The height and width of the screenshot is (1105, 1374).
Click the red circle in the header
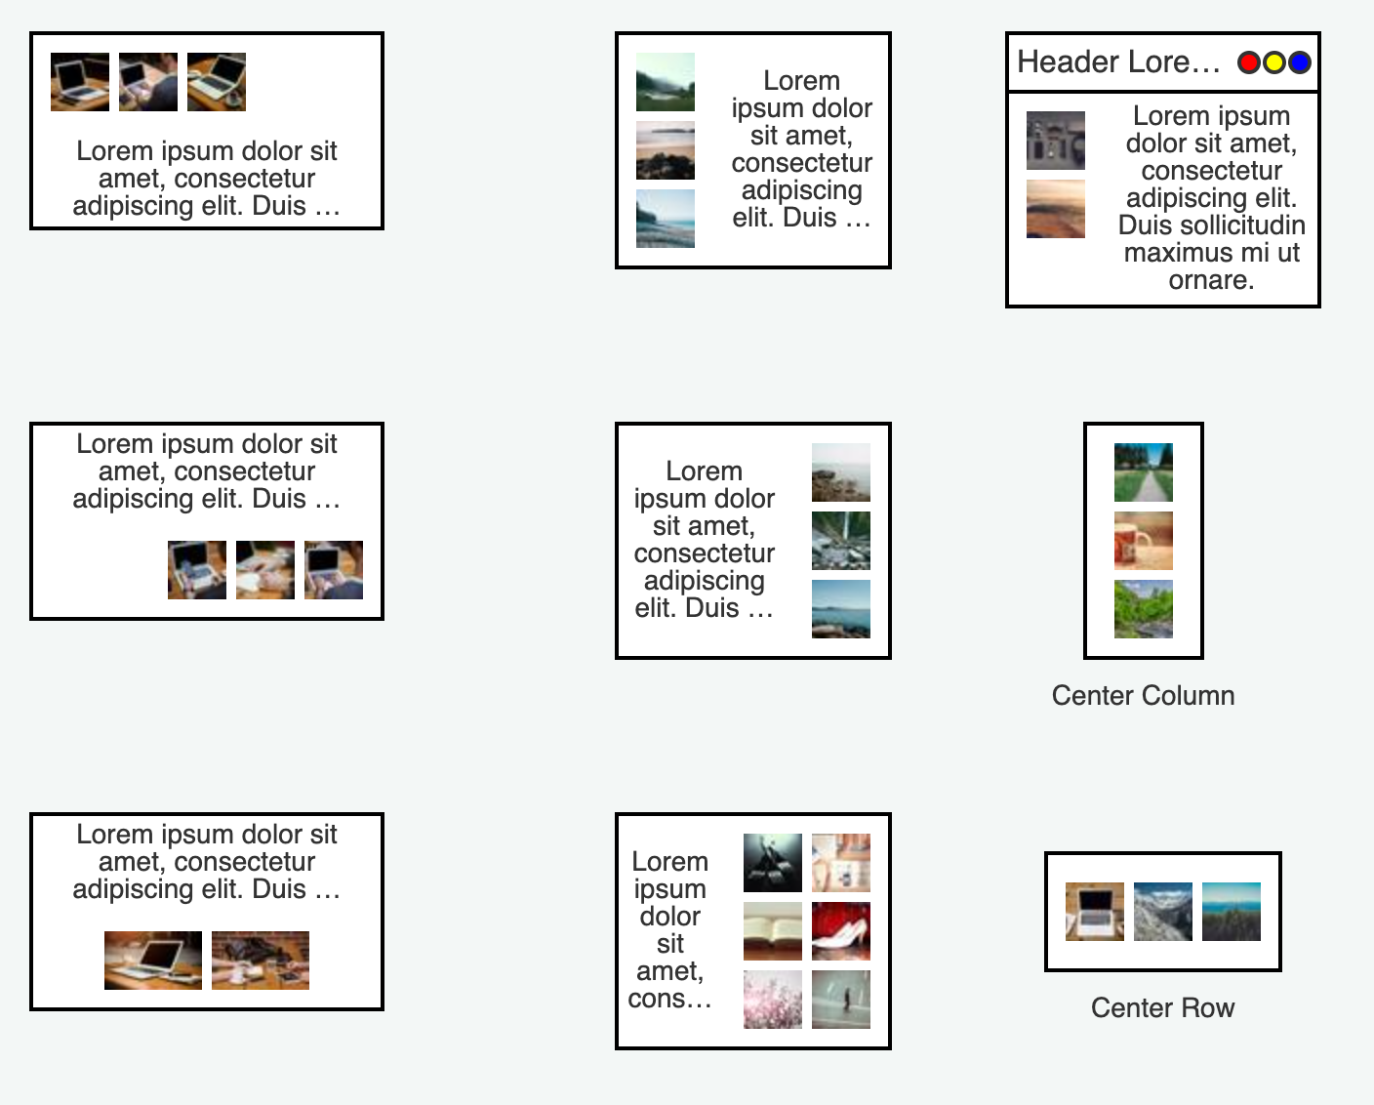click(1248, 62)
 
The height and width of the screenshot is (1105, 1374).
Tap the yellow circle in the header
click(1273, 62)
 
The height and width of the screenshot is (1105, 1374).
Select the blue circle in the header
click(1299, 62)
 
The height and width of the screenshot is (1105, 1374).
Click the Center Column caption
click(1143, 696)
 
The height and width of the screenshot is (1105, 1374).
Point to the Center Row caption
click(1162, 1008)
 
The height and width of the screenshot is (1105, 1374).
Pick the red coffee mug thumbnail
click(1144, 541)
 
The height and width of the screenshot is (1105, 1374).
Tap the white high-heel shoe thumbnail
click(841, 930)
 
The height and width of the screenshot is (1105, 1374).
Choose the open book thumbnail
click(773, 930)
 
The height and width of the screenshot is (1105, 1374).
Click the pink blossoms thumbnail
click(773, 999)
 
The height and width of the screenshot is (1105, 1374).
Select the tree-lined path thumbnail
click(1144, 472)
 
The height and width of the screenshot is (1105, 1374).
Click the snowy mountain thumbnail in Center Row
click(1162, 912)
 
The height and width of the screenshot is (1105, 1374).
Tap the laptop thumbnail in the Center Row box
click(1094, 912)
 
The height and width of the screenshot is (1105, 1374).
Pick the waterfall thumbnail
click(841, 541)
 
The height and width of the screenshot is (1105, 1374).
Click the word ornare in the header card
click(1211, 280)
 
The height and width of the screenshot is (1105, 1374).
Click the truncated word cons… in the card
click(669, 999)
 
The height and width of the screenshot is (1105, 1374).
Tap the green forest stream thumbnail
click(1144, 609)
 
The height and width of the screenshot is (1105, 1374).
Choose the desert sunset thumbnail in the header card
click(1056, 209)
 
